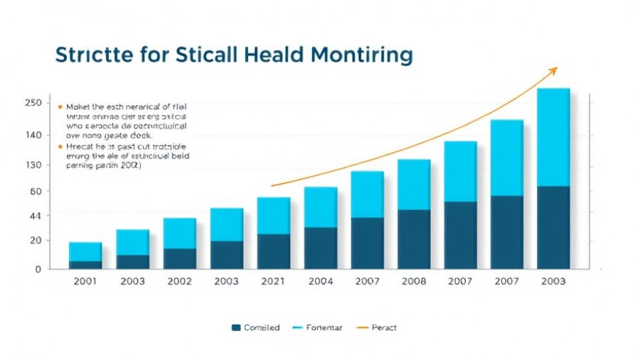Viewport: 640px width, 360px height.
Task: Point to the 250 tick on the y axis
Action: point(33,103)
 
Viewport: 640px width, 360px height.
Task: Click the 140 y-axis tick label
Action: point(33,135)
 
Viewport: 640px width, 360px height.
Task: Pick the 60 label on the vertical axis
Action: point(34,191)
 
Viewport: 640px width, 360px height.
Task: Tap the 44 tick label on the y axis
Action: point(34,216)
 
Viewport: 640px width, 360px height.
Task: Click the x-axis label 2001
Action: point(85,281)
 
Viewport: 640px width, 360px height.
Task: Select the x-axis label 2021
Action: point(274,281)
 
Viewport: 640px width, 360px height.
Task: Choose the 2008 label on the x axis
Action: point(413,281)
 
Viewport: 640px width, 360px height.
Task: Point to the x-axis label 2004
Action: point(321,281)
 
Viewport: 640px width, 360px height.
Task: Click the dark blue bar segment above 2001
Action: point(85,265)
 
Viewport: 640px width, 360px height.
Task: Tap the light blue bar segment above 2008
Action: point(413,184)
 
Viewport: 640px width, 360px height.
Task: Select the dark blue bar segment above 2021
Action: point(274,251)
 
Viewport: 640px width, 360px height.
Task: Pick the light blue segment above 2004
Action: point(321,207)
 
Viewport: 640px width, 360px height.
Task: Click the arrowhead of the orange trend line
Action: point(555,69)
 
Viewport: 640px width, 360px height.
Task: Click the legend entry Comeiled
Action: point(255,328)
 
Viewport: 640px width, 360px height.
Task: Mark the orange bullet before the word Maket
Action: point(59,105)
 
